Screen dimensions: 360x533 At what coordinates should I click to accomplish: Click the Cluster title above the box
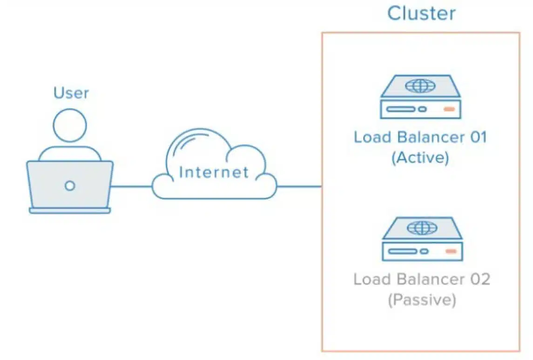[421, 13]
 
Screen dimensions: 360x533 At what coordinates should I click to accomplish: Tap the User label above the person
[71, 93]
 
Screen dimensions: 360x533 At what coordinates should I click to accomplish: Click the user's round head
[70, 125]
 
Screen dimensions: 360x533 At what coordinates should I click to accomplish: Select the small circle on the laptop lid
[70, 186]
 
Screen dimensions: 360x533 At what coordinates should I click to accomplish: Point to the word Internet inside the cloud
[214, 173]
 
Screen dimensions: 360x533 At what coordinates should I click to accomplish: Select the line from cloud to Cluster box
[299, 187]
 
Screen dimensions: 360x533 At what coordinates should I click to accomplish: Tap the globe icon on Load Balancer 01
[421, 86]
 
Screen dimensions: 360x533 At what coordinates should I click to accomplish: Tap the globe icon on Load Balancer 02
[422, 227]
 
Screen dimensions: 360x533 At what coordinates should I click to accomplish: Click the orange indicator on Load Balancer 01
[449, 109]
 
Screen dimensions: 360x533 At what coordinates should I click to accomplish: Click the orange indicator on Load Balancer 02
[450, 251]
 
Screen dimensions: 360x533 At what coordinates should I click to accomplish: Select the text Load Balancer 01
[420, 138]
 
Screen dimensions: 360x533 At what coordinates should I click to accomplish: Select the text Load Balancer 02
[421, 280]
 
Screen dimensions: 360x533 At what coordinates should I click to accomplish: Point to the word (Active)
[420, 158]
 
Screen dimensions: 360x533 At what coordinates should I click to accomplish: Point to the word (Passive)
[421, 300]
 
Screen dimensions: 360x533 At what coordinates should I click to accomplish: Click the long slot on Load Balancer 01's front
[400, 109]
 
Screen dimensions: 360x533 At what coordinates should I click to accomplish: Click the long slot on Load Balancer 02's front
[402, 251]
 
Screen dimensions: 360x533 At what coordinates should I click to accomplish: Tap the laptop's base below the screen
[70, 211]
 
